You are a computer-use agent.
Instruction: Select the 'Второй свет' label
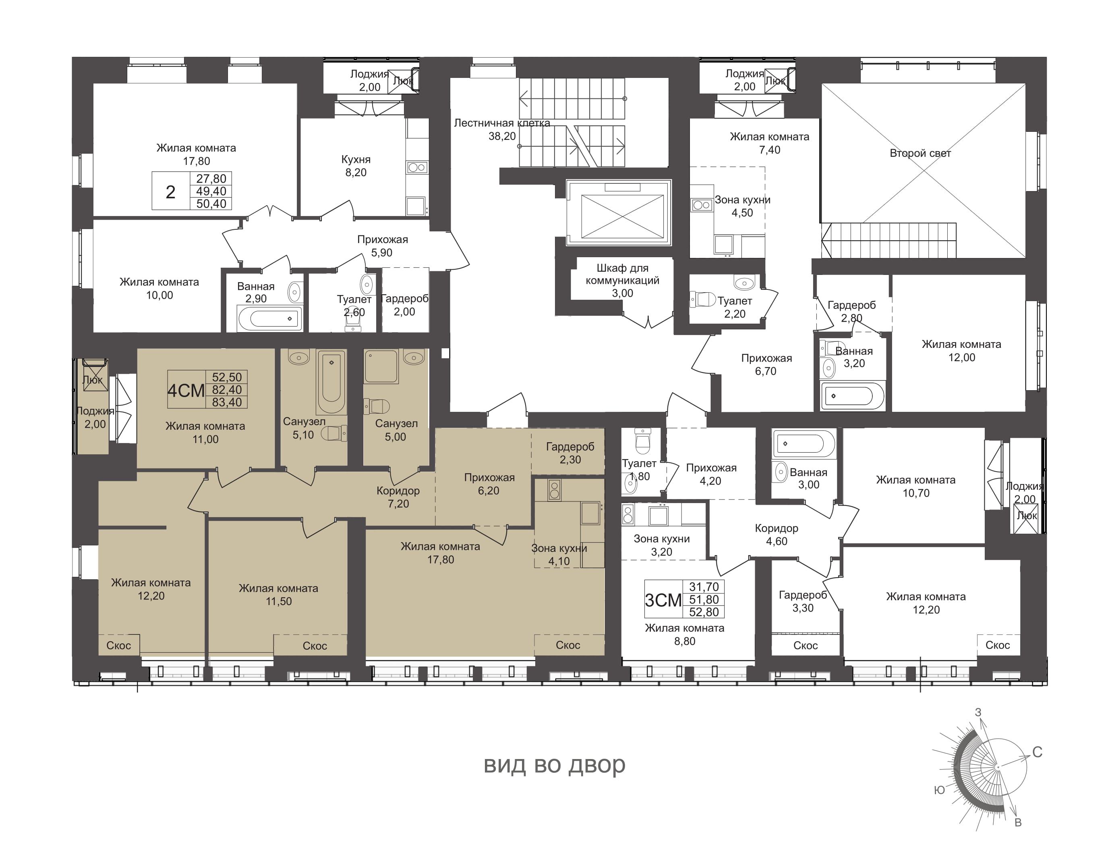coord(920,153)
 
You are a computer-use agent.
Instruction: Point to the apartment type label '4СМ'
coord(186,391)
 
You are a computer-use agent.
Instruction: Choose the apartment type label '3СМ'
coord(663,600)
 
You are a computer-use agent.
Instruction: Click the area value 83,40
coord(227,402)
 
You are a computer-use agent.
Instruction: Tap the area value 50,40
coord(211,204)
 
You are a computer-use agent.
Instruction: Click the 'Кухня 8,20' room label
coord(356,166)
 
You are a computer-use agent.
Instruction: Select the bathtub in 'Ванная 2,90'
coord(270,319)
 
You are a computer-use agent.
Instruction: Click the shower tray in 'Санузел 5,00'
coord(381,366)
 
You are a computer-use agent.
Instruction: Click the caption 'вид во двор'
coord(555,764)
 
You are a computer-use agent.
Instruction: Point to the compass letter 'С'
coord(1038,752)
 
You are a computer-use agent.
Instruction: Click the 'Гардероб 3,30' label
coord(803,601)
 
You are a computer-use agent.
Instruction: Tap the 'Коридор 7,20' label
coord(398,497)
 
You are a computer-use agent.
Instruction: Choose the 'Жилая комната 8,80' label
coord(685,634)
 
